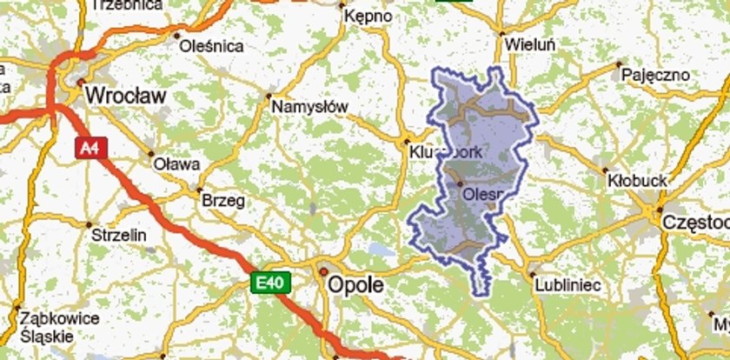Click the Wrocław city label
(x=126, y=97)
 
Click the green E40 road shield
(x=266, y=282)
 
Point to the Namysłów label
(x=310, y=107)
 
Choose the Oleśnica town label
(x=212, y=46)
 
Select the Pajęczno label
(x=653, y=76)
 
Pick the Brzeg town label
(x=223, y=200)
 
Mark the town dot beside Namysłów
(x=269, y=96)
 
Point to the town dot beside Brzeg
(x=199, y=189)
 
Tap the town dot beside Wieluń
(x=501, y=34)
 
